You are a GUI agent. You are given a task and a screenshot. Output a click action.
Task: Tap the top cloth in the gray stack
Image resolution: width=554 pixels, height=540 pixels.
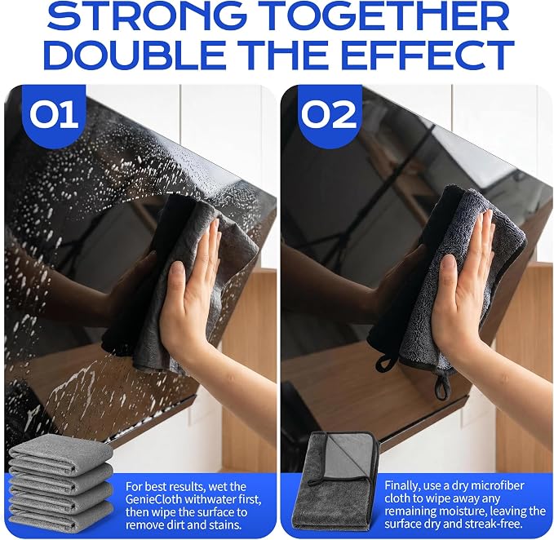(60, 448)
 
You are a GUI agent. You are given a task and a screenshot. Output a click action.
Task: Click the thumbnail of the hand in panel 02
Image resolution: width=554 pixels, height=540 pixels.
(448, 264)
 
